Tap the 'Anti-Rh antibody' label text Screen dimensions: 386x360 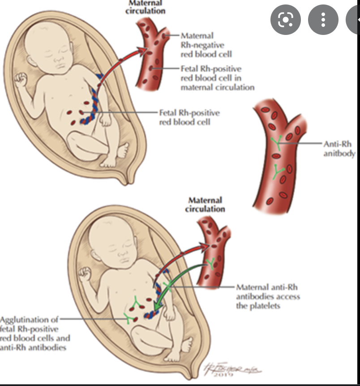point(339,149)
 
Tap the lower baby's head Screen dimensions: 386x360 point(112,242)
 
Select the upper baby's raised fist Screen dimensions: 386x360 point(21,81)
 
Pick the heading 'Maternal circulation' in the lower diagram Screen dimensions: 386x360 point(205,205)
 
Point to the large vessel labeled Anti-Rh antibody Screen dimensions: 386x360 point(278,157)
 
